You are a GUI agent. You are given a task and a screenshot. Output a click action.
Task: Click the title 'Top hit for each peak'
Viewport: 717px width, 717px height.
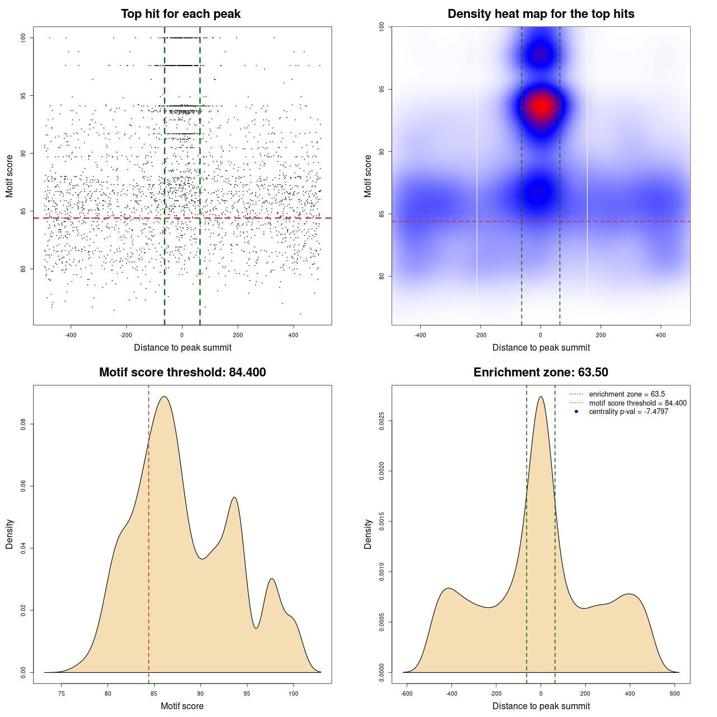(x=181, y=14)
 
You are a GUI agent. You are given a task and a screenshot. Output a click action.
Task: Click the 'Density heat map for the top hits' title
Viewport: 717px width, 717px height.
(x=541, y=14)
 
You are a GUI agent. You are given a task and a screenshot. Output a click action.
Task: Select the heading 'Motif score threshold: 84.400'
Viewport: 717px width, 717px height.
(x=182, y=373)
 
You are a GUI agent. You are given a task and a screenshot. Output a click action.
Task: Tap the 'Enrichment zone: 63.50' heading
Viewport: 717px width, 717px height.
(x=541, y=373)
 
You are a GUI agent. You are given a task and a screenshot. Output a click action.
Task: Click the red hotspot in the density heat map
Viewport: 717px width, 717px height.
(x=541, y=106)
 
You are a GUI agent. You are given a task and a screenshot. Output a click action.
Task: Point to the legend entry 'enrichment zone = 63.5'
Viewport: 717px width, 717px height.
(x=627, y=394)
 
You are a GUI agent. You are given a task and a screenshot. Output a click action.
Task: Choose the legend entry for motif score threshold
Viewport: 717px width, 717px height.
(x=637, y=403)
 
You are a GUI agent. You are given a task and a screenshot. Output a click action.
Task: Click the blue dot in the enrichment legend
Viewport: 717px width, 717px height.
(x=576, y=412)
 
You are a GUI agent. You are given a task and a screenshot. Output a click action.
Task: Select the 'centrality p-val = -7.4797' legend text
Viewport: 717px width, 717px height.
(x=628, y=412)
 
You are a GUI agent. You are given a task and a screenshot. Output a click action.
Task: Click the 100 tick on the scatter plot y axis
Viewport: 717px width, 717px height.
(x=24, y=38)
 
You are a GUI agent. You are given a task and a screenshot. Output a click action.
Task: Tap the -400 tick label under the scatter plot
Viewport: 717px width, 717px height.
(x=71, y=336)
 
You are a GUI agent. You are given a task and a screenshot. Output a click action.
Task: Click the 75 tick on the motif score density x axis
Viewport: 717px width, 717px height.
(x=62, y=693)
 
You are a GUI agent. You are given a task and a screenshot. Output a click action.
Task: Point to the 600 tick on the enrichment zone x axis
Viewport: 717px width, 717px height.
(x=674, y=693)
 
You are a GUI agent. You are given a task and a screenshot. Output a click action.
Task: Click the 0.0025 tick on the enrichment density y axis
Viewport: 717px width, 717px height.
(x=382, y=421)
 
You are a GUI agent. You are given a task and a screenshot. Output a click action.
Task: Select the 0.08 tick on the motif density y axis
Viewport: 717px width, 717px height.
(x=24, y=425)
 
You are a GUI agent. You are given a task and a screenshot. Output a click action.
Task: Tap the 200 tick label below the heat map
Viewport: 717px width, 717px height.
(x=600, y=336)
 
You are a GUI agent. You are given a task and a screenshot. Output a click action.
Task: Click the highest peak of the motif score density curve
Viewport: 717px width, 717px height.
(x=164, y=397)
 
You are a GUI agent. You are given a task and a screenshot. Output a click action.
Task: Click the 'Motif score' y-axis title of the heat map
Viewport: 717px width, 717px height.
(x=368, y=176)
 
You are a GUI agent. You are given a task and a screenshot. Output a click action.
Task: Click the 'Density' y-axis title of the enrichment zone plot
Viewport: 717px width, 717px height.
(x=368, y=534)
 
